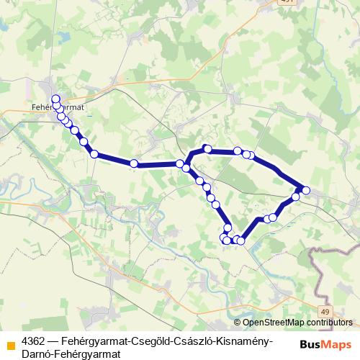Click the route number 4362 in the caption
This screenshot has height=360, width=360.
pyautogui.click(x=34, y=339)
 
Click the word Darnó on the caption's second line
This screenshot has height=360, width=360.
pyautogui.click(x=37, y=353)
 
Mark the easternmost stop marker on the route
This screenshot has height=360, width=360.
pyautogui.click(x=306, y=190)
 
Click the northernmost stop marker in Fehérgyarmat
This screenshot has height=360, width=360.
pyautogui.click(x=55, y=99)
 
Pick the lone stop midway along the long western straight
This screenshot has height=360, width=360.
pyautogui.click(x=133, y=163)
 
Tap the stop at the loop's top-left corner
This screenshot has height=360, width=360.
pyautogui.click(x=207, y=149)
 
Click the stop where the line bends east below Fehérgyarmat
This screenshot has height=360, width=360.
pyautogui.click(x=94, y=153)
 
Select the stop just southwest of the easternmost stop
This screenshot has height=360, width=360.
pyautogui.click(x=295, y=197)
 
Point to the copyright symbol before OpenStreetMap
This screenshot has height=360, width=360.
pyautogui.click(x=237, y=323)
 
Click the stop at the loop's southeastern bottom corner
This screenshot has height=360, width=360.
pyautogui.click(x=241, y=240)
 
